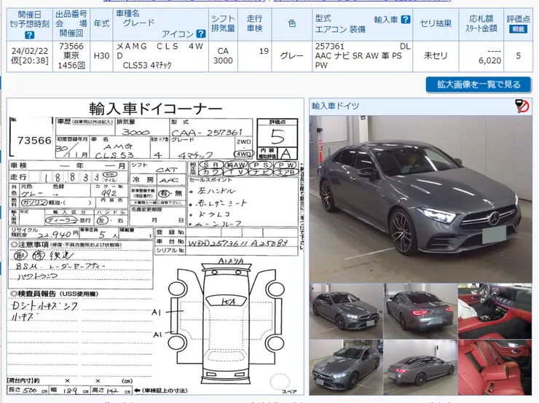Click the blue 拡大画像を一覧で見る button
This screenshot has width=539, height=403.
pyautogui.click(x=479, y=85)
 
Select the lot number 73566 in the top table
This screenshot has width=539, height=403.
pyautogui.click(x=72, y=46)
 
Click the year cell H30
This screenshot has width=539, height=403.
pyautogui.click(x=102, y=55)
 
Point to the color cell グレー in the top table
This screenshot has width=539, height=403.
pyautogui.click(x=291, y=55)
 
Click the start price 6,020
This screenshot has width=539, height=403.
pyautogui.click(x=489, y=60)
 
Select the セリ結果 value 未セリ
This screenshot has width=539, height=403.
pyautogui.click(x=436, y=55)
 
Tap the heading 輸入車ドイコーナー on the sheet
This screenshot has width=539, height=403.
pyautogui.click(x=155, y=108)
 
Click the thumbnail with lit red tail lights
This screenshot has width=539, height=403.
pyautogui.click(x=419, y=311)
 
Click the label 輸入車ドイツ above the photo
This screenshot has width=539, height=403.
pyautogui.click(x=336, y=106)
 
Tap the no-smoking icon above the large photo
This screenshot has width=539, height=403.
pyautogui.click(x=522, y=106)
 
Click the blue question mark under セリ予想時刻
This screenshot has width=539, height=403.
pyautogui.click(x=30, y=35)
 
